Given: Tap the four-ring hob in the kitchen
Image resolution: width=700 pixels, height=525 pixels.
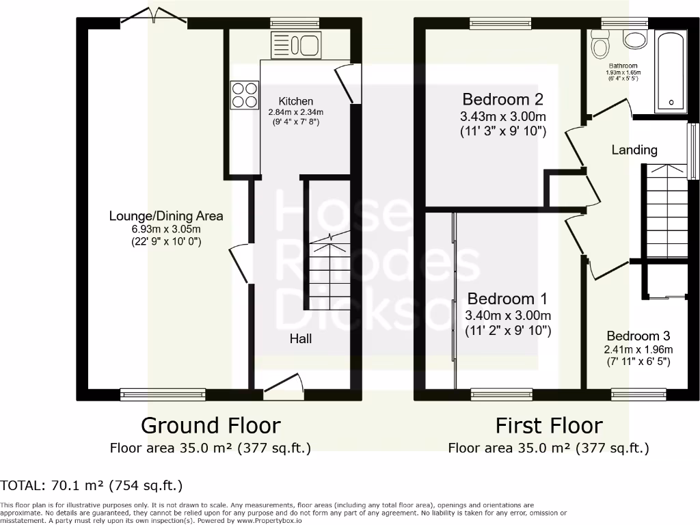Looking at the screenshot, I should (x=244, y=95).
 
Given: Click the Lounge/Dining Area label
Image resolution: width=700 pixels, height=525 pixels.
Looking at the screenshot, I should (x=166, y=216).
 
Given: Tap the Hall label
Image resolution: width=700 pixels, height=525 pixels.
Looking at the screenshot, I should (x=301, y=338).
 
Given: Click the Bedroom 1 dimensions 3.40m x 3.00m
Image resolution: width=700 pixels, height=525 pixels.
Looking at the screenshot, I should (x=507, y=315).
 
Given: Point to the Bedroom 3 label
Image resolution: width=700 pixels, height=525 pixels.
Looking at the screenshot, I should (x=638, y=336).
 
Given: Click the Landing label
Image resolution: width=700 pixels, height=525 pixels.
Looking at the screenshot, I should (x=634, y=150).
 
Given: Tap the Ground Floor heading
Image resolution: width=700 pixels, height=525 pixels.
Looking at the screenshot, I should (x=211, y=425).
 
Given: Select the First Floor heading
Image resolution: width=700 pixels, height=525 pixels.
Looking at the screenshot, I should (x=549, y=425).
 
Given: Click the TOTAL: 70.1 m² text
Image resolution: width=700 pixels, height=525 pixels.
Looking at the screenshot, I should (x=92, y=486).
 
